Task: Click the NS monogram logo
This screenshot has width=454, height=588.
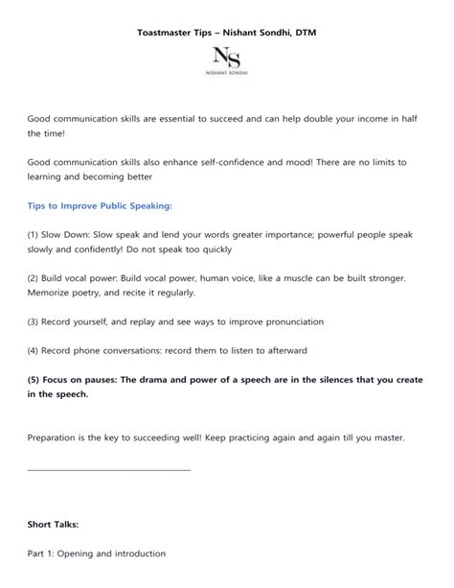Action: coord(227,58)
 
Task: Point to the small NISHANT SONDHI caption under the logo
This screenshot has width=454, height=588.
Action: coord(227,73)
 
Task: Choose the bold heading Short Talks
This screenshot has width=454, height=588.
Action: coord(54,525)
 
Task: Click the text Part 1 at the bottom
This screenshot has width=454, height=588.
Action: coord(41,553)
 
